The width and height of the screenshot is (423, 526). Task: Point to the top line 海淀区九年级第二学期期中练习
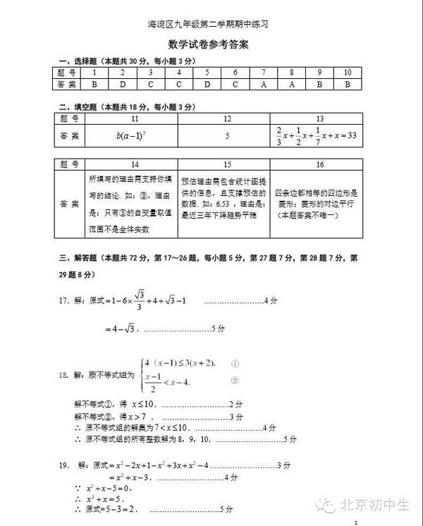(x=211, y=24)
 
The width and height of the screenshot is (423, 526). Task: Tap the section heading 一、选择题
(x=77, y=61)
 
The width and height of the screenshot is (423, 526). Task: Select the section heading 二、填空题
(x=77, y=107)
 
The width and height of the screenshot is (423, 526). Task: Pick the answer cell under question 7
(x=262, y=84)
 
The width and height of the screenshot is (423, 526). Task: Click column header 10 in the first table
(x=347, y=73)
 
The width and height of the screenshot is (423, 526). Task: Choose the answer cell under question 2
(x=121, y=84)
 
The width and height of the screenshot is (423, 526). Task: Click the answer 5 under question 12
(x=227, y=135)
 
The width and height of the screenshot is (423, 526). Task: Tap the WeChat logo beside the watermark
(x=326, y=505)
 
